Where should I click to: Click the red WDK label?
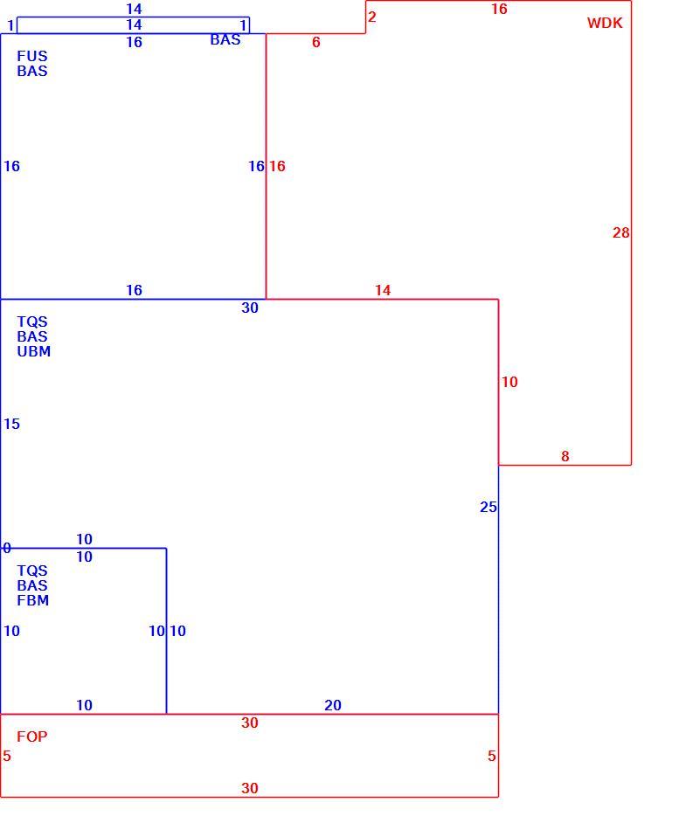605,24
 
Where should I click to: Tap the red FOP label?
31,737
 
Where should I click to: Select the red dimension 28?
620,233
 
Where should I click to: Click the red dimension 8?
565,456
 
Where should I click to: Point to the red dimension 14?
383,290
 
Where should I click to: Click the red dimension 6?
316,42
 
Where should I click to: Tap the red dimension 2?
371,17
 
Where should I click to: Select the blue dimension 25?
488,507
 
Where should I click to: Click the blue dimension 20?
333,705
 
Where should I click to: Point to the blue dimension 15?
11,424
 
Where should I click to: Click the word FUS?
31,56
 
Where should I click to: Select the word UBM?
34,351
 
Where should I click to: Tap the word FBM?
33,600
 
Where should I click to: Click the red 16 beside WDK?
499,9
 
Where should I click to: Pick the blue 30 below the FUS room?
250,308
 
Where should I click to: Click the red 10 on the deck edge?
509,382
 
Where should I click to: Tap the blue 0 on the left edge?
6,548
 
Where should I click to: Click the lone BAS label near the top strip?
225,39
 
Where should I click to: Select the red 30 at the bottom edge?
250,788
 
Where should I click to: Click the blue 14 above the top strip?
134,9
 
